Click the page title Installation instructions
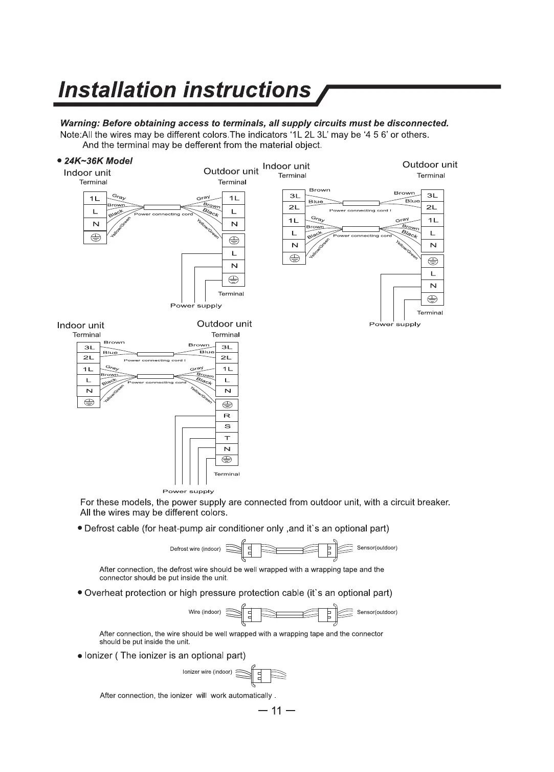185,90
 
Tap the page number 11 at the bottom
277,711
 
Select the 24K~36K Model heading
98,161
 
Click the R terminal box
227,416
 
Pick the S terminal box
227,426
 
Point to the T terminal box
227,438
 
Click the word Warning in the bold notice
79,123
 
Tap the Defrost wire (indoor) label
195,549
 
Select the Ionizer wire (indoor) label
207,672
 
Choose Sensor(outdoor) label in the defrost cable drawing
377,548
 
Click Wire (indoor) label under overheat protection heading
205,612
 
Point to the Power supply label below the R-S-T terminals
188,491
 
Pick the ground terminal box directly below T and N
227,459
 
